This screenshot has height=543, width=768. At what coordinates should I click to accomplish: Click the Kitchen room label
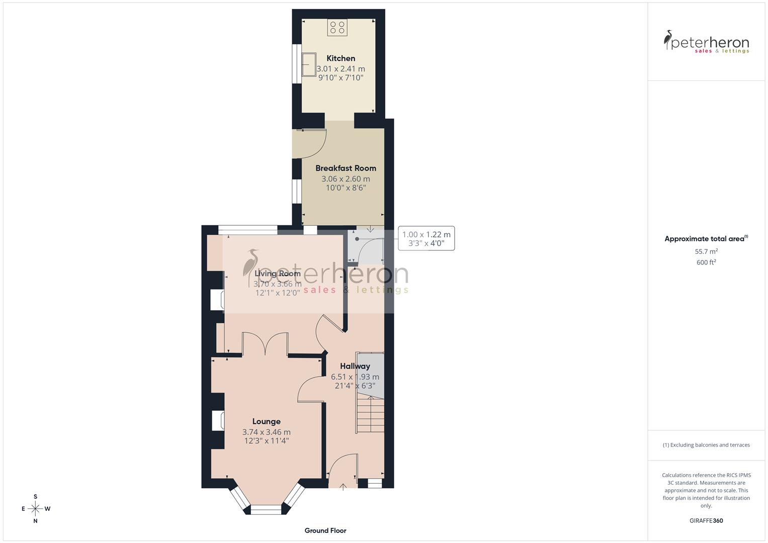pos(340,58)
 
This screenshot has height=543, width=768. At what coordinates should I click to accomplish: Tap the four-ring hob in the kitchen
pos(337,27)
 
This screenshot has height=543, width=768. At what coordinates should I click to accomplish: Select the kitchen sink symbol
pos(308,64)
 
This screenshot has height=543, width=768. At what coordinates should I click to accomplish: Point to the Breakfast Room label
pos(346,168)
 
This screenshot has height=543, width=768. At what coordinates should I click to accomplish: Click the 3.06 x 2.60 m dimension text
pos(346,179)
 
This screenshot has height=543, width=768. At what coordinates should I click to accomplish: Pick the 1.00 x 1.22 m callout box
pos(426,238)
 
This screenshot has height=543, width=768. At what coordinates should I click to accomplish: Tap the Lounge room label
pos(266,421)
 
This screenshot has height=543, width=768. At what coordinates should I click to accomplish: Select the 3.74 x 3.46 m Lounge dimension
pos(266,432)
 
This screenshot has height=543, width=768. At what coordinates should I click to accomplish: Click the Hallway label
pos(355,366)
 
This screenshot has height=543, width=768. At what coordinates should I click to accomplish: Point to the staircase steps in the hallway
pos(370,415)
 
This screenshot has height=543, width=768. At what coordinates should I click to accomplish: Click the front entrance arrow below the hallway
pos(344,486)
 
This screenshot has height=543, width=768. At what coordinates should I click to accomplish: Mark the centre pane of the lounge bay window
pos(266,510)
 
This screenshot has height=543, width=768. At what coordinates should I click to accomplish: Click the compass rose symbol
pos(35,509)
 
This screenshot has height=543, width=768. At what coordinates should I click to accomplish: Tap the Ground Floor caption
pos(325,530)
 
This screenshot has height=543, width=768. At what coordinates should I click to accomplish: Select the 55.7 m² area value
pos(706,251)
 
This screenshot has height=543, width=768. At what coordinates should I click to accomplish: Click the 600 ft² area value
pos(706,262)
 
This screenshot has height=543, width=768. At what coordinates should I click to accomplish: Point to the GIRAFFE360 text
pos(706,520)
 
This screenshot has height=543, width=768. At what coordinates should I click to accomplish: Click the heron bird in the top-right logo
pos(669,40)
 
